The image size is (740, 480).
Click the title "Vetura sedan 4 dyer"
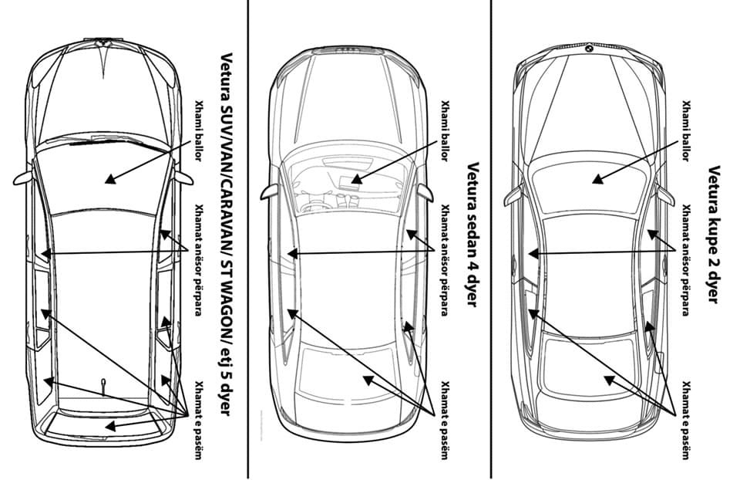pyautogui.click(x=473, y=235)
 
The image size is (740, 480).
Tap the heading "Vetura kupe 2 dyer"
pyautogui.click(x=714, y=235)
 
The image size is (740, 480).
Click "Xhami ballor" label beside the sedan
pyautogui.click(x=444, y=131)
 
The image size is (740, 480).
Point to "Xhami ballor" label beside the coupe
pyautogui.click(x=687, y=131)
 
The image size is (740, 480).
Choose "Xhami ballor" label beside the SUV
pyautogui.click(x=199, y=131)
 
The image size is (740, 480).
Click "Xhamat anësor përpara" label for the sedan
pyautogui.click(x=444, y=260)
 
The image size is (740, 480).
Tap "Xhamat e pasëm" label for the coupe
pyautogui.click(x=687, y=420)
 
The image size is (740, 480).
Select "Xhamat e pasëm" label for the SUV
pyautogui.click(x=199, y=420)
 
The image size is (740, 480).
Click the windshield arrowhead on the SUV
pyautogui.click(x=110, y=179)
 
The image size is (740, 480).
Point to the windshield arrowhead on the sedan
pyautogui.click(x=356, y=179)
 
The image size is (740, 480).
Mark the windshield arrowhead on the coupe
pyautogui.click(x=598, y=179)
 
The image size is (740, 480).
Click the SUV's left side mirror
pyautogui.click(x=22, y=178)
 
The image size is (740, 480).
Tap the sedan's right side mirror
pyautogui.click(x=425, y=193)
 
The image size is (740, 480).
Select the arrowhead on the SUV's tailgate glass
pyautogui.click(x=110, y=426)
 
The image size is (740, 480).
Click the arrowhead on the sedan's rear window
pyautogui.click(x=368, y=379)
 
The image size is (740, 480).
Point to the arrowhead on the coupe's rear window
pyautogui.click(x=609, y=379)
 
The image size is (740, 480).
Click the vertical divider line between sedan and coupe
pyautogui.click(x=491, y=240)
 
